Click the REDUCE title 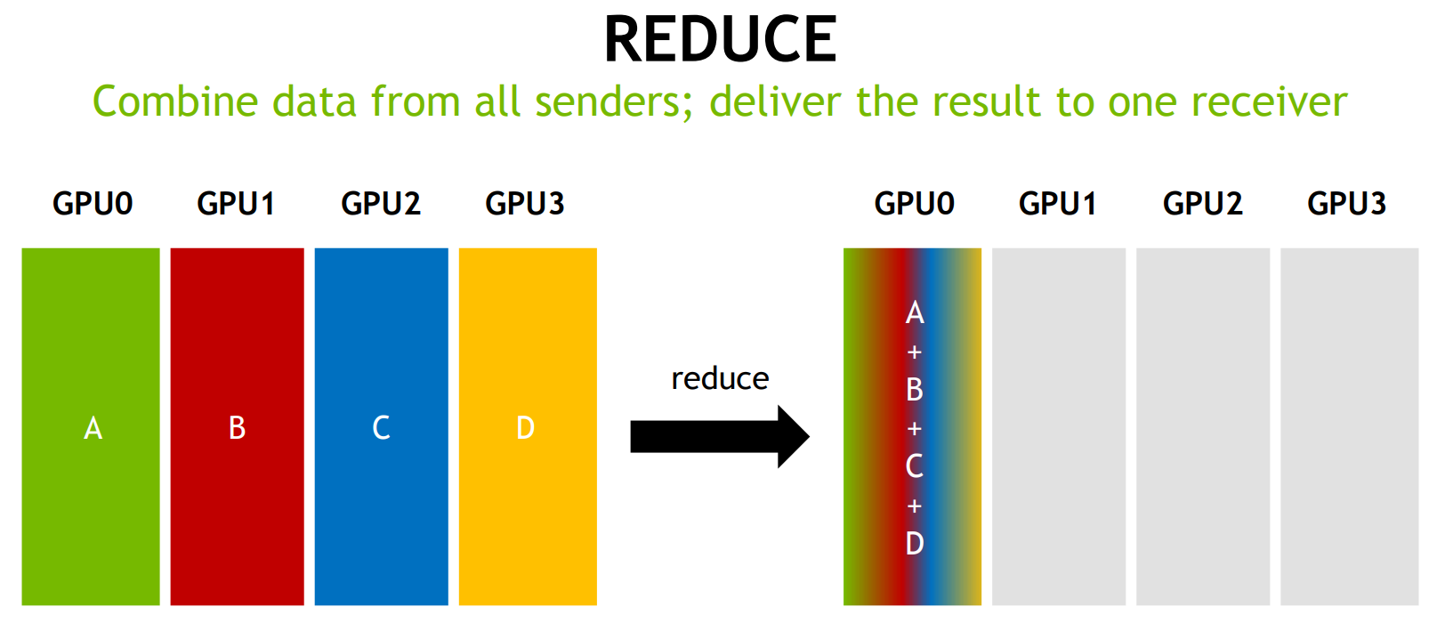point(720,40)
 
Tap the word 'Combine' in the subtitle point(174,102)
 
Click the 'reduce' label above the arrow point(720,379)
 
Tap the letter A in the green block point(93,429)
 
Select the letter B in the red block point(237,429)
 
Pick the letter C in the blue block point(381,429)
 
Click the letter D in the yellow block point(525,429)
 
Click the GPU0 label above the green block point(93,204)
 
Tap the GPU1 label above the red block point(236,204)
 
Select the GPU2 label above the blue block point(381,204)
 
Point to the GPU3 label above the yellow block point(525,204)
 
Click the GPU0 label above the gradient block point(914,204)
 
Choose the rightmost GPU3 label point(1346,204)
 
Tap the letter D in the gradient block point(915,543)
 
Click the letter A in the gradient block point(915,313)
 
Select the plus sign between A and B point(914,352)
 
